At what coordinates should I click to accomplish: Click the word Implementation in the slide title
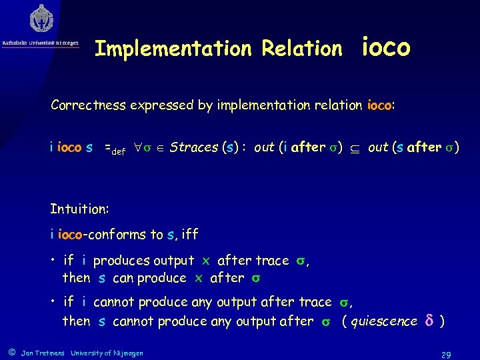171,49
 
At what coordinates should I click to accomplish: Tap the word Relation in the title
301,49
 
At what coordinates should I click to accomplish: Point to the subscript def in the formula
119,151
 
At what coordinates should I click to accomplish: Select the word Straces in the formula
194,147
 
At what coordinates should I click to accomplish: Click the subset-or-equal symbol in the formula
356,148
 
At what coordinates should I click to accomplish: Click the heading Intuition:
79,209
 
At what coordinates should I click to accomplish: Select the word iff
189,234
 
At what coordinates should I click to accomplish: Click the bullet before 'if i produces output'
53,261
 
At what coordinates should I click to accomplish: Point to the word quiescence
383,321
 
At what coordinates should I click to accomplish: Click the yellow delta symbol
429,321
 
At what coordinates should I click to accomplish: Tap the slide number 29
446,355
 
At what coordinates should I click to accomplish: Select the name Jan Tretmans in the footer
43,353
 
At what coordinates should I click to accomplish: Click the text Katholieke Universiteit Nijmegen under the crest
41,43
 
